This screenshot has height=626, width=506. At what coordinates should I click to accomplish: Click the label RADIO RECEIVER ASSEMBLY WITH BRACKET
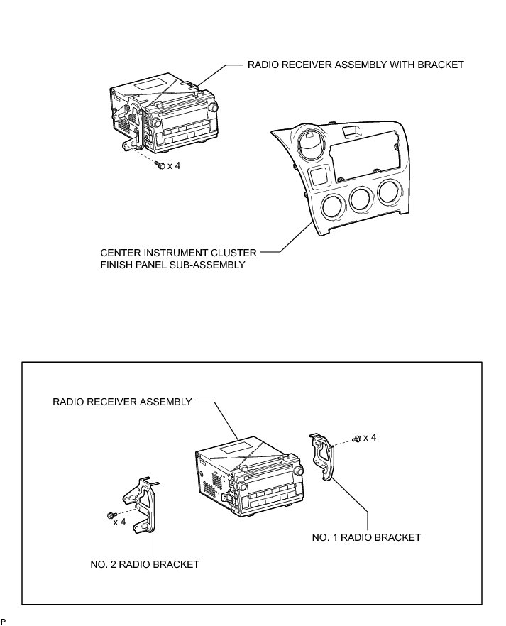pos(355,65)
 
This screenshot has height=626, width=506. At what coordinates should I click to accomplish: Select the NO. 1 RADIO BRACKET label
pos(366,537)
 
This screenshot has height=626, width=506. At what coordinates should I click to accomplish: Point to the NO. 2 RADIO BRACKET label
pos(145,564)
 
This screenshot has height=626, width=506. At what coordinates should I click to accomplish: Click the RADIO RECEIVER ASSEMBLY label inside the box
pos(122,402)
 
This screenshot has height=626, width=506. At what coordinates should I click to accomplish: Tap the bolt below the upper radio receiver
pos(160,165)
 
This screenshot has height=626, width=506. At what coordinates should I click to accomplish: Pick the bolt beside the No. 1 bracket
pos(357,438)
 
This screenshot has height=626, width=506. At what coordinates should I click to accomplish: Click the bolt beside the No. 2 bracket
pos(110,514)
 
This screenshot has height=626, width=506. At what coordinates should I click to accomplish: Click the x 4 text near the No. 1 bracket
pos(369,438)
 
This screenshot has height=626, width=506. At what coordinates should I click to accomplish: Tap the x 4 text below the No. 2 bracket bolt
pos(119,523)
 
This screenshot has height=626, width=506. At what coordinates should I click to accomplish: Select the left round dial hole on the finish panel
pos(331,207)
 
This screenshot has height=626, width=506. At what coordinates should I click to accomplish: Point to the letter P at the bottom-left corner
pos(4,622)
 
